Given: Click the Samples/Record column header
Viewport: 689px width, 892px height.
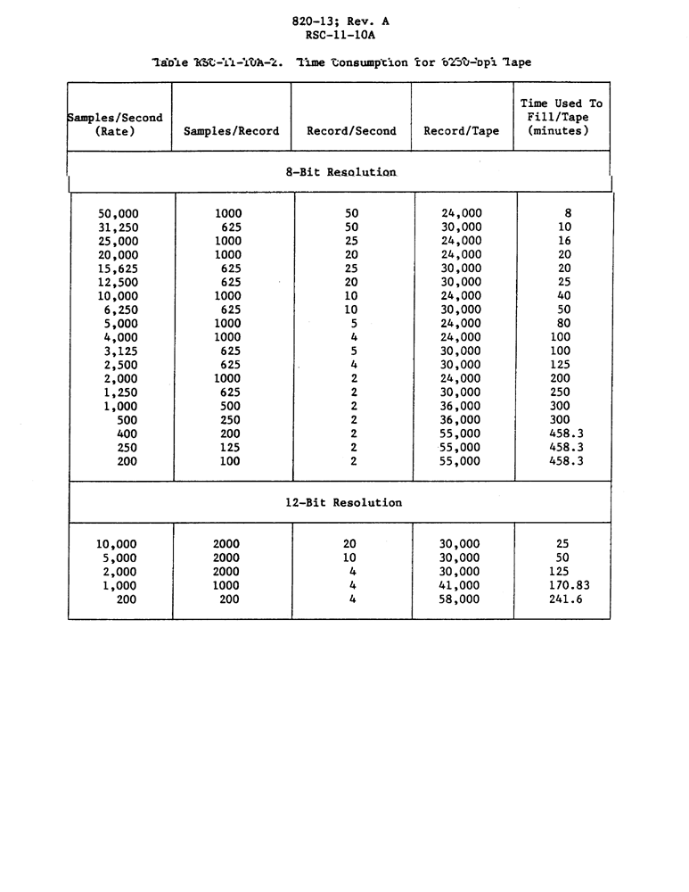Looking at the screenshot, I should coord(231,131).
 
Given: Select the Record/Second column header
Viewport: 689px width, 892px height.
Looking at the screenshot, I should coord(351,131).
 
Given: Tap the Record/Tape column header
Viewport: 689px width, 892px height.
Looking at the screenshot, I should coord(461,131).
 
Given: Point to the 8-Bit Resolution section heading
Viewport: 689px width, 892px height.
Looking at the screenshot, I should coord(340,171).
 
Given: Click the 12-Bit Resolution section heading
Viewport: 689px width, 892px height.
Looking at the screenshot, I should coord(343,503).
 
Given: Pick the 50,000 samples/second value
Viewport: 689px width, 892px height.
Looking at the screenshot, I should coord(118,214).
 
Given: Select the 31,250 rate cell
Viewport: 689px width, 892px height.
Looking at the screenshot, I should coord(118,227).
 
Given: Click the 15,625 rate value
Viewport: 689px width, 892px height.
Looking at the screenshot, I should coord(118,268).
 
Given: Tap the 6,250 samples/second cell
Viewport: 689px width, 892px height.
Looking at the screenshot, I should coord(120,310).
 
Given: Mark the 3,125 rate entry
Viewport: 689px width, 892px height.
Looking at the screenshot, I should coord(120,351).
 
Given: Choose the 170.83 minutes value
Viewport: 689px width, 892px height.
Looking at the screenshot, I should coord(562,586).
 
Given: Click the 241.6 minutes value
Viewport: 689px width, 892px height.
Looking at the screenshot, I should coord(562,599).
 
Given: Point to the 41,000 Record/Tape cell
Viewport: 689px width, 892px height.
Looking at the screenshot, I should coord(460,586).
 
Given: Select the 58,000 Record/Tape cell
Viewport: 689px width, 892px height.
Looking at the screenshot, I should coord(460,599).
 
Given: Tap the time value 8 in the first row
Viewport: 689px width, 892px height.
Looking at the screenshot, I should coord(568,214).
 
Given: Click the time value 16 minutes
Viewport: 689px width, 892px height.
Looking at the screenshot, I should coord(563,241).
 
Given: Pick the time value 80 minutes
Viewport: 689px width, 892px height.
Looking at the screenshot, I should coord(563,324).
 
